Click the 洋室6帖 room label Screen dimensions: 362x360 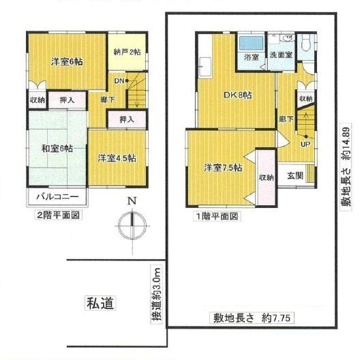[x=67, y=62]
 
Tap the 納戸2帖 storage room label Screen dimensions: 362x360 [x=127, y=52]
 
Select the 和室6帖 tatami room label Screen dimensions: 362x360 [x=57, y=148]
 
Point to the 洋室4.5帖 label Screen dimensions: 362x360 [x=117, y=158]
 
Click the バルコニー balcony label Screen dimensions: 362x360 [x=58, y=197]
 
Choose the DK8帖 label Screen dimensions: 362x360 [x=238, y=95]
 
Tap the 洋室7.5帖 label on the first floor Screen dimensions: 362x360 [x=223, y=168]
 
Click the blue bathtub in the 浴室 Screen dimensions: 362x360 [x=251, y=43]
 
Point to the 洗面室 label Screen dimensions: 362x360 [x=281, y=55]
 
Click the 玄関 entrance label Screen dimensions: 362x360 [x=295, y=176]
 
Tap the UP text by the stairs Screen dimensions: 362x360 [x=305, y=145]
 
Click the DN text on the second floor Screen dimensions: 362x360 [x=119, y=81]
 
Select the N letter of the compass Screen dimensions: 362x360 [x=132, y=201]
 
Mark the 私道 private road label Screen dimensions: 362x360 [x=100, y=303]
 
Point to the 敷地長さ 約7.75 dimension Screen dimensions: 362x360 [x=252, y=318]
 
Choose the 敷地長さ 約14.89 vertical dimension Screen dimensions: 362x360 [x=346, y=166]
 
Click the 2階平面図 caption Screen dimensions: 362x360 [x=58, y=215]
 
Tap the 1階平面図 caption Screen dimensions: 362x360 [x=217, y=217]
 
